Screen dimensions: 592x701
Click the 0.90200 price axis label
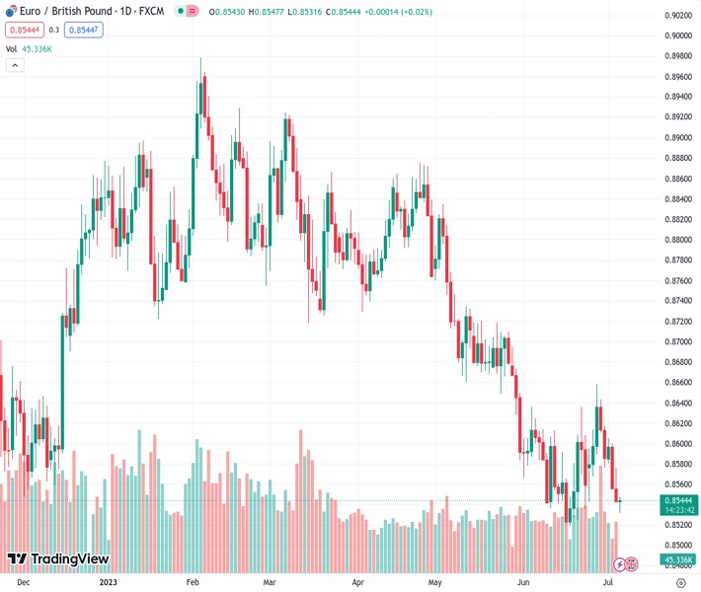[677, 15]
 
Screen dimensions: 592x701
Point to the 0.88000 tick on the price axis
[677, 240]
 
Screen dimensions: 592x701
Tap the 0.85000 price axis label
[677, 545]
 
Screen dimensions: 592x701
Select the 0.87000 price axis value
[677, 341]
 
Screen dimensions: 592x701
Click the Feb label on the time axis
[194, 583]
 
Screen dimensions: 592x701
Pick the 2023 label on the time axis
[110, 583]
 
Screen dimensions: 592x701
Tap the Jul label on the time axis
[608, 583]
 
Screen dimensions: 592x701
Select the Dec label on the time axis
[24, 583]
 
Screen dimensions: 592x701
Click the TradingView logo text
[58, 559]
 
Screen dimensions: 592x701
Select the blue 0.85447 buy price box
[83, 30]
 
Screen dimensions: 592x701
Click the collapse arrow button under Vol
[15, 65]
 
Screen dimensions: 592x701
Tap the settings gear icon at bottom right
[680, 583]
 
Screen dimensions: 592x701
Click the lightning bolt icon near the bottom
[619, 564]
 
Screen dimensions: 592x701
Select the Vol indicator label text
[11, 48]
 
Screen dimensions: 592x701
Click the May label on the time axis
[434, 583]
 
